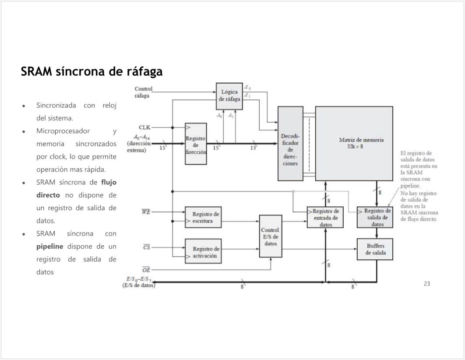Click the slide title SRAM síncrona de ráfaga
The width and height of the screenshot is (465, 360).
92,71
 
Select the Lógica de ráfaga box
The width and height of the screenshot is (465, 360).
229,95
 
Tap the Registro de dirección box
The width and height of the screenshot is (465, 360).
196,144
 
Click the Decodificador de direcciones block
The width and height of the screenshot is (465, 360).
290,144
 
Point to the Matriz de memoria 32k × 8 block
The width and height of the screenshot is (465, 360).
354,143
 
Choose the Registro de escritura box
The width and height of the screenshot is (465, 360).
203,217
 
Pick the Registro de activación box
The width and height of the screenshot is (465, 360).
203,252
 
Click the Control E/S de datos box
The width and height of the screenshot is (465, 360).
270,236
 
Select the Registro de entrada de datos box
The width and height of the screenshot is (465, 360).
325,217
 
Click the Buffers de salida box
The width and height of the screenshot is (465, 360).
374,249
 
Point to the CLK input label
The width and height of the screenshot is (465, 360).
144,127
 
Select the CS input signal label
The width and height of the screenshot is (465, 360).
147,247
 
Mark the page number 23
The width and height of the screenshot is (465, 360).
427,284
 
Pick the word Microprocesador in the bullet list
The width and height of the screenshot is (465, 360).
63,131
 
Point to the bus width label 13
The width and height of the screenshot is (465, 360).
253,148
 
